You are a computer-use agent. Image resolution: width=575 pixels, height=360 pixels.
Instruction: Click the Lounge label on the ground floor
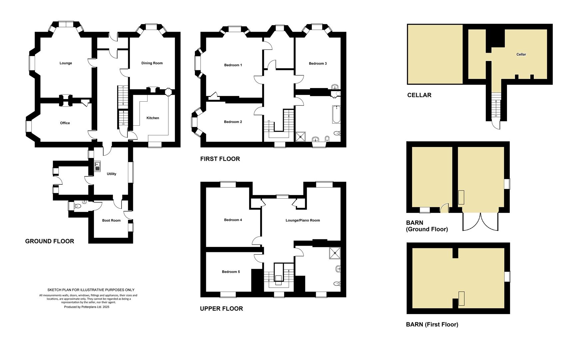pos(66,63)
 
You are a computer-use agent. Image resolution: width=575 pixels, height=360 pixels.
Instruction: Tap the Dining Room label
pos(152,63)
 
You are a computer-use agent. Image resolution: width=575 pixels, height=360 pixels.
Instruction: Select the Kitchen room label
pos(153,118)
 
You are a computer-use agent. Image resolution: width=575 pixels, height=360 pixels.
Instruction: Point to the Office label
pos(65,123)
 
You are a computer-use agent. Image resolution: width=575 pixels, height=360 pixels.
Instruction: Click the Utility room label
pos(111,174)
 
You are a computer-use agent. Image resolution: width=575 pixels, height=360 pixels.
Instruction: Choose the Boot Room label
pos(111,220)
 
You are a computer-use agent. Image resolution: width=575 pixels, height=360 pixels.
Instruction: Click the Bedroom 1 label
pos(233,65)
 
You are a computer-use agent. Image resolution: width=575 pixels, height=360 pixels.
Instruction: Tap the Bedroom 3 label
pos(317,63)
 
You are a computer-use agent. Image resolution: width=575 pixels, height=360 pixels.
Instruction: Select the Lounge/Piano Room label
pos(303,220)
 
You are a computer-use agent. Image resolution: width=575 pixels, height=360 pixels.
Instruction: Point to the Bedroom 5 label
pos(231,272)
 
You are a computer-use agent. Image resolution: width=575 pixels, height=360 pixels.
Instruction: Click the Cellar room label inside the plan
pos(521,54)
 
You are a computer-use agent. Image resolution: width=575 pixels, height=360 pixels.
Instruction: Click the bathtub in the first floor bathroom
pos(336,114)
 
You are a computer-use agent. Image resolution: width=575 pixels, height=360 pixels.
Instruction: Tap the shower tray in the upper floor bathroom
pos(334,253)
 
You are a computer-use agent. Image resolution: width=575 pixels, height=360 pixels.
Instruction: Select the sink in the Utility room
pos(97,166)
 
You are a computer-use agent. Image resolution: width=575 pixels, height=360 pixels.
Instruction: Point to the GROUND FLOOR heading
pos(50,241)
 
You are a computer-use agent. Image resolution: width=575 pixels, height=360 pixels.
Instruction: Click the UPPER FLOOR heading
pos(222,309)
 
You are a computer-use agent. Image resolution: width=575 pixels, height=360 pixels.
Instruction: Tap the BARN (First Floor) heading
pos(432,324)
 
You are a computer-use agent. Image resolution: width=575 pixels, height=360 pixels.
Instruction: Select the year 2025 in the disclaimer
pos(106,307)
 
